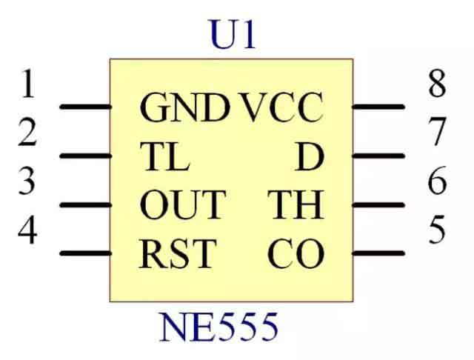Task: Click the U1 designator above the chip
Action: pos(233,36)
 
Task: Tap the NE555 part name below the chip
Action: pos(219,327)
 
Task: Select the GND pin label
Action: pos(184,108)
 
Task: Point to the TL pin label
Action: pos(164,156)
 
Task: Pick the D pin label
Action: pos(310,156)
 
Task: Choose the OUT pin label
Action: pos(181,205)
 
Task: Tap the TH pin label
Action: pos(296,205)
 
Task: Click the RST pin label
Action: pos(176,254)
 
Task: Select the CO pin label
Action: pos(296,254)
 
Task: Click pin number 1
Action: pos(27,85)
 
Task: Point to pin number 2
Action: pos(27,133)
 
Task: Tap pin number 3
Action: pos(27,181)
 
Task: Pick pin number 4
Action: pos(27,230)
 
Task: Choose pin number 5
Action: pos(437,230)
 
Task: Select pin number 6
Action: pos(437,181)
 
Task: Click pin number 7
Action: pos(437,133)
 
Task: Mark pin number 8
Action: pos(437,85)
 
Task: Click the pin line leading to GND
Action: pos(84,107)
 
